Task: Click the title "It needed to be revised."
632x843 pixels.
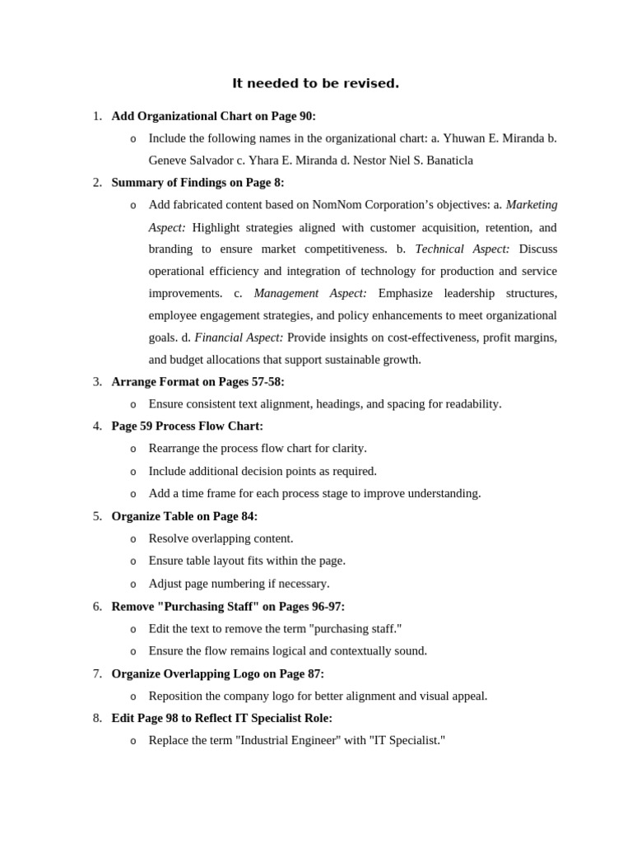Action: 315,83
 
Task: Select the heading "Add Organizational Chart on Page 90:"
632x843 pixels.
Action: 213,116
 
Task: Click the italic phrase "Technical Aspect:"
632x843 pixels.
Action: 462,249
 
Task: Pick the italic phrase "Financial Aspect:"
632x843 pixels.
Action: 239,338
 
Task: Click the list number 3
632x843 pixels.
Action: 97,382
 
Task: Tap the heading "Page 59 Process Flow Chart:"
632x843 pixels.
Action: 187,426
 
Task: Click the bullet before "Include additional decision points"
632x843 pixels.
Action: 133,472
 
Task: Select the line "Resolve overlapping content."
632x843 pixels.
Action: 221,538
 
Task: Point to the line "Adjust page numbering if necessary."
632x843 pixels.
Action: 239,584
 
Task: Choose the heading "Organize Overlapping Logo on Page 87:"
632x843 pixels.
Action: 217,673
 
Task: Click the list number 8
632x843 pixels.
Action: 97,718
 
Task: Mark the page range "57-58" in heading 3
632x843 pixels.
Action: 265,382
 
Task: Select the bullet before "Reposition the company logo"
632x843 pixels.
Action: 133,696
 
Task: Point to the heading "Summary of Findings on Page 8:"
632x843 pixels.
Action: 197,183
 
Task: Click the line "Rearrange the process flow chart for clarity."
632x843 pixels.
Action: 258,449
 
